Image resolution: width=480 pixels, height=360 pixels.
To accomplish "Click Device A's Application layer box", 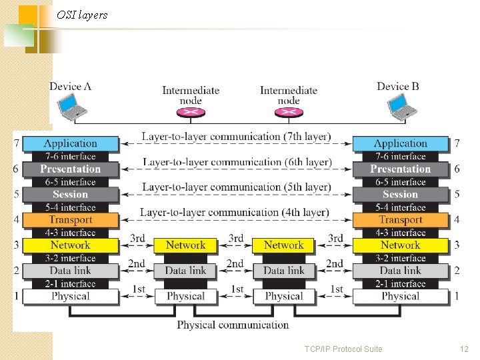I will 70,143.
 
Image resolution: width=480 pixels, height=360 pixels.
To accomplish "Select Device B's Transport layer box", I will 401,219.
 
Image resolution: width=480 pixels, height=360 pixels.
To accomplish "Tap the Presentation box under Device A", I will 70,169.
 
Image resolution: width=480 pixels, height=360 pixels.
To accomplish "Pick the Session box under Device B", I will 401,194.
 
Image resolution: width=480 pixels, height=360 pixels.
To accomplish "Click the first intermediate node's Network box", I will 185,245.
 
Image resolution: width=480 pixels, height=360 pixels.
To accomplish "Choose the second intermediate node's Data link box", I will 284,271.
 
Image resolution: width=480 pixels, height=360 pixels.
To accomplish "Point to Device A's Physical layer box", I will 70,296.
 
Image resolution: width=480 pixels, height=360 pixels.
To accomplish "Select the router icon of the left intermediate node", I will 191,112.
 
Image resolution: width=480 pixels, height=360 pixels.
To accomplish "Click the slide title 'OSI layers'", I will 82,15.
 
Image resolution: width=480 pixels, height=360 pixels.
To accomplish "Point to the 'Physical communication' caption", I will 233,325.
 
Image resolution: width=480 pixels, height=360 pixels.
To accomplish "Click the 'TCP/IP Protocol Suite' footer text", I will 343,349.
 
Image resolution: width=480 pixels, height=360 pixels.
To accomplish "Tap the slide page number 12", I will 464,349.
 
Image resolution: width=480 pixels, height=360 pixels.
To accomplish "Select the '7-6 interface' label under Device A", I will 70,156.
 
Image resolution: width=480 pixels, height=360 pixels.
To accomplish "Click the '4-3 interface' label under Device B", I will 401,233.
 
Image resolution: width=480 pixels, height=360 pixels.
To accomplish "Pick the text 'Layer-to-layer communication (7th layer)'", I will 236,137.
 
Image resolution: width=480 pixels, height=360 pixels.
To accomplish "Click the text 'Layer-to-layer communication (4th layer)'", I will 235,213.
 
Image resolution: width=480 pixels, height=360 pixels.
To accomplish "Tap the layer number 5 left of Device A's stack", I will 16,194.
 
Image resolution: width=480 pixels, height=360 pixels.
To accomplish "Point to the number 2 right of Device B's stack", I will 457,271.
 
